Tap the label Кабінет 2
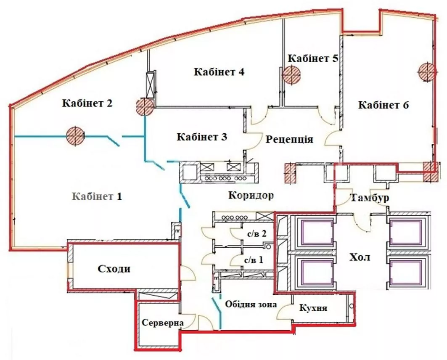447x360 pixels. (x=87, y=103)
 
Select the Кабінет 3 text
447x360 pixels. (x=202, y=137)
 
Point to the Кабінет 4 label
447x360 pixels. (x=219, y=72)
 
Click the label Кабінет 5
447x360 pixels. (x=313, y=58)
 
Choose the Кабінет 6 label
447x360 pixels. (x=384, y=105)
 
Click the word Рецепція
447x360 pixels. (x=289, y=139)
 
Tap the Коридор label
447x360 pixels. (x=251, y=196)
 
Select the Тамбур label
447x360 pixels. (x=370, y=198)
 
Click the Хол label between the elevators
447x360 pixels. (x=360, y=257)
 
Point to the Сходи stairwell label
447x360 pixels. (x=114, y=269)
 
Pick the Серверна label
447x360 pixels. (x=163, y=323)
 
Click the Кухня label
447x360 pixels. (x=313, y=308)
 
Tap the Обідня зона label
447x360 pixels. (x=251, y=304)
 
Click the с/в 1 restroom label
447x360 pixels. (x=254, y=260)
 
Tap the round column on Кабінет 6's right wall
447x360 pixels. (x=427, y=71)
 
